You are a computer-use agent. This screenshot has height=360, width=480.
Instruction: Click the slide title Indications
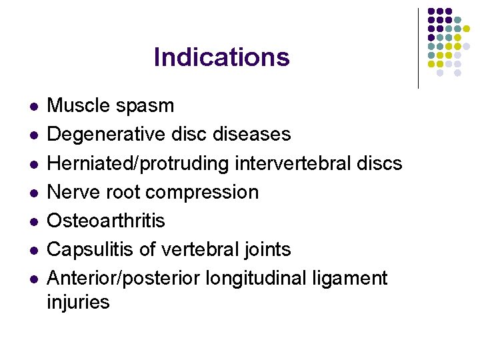point(221,57)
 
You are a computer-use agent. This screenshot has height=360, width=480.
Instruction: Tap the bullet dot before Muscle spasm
point(26,106)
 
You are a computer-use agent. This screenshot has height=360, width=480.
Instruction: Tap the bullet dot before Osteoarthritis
point(26,221)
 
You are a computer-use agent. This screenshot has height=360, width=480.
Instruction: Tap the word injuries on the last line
point(78,302)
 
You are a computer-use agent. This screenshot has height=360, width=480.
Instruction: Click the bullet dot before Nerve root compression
point(26,192)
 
